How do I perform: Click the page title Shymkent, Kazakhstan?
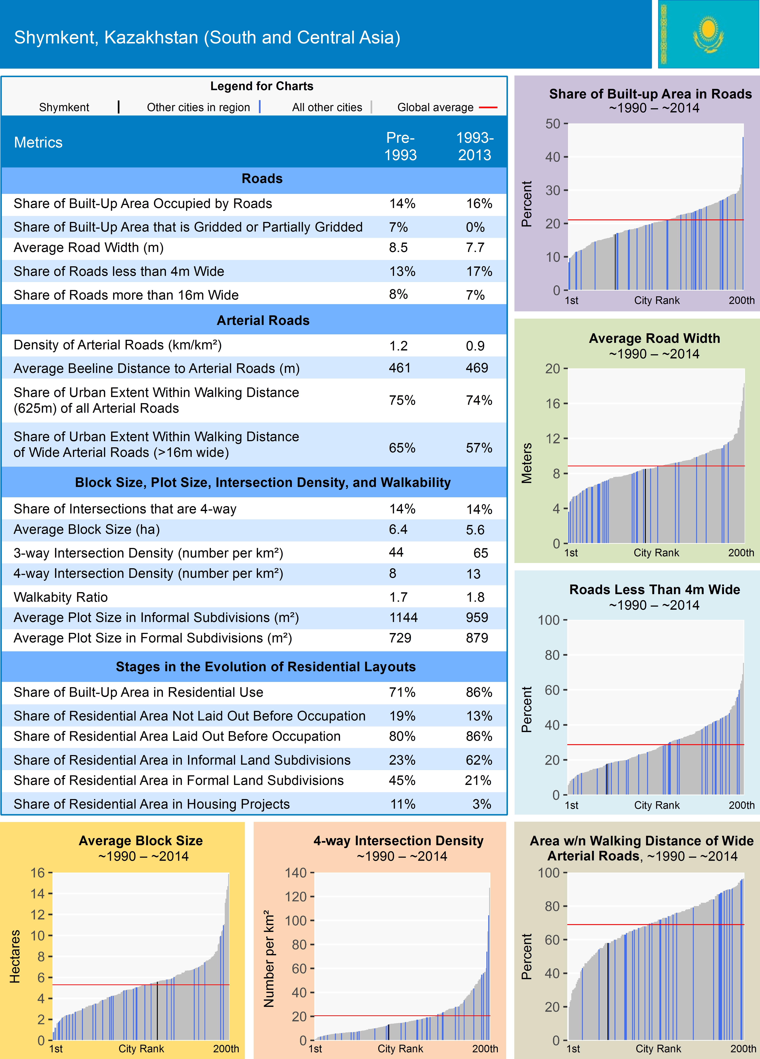207,37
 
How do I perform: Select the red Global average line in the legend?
488,107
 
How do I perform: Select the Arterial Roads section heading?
263,320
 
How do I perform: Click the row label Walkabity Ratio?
61,597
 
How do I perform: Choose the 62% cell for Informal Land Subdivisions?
478,760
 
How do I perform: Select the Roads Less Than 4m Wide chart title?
654,590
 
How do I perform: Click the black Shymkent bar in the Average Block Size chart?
157,1011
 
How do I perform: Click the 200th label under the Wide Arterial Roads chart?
743,1048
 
